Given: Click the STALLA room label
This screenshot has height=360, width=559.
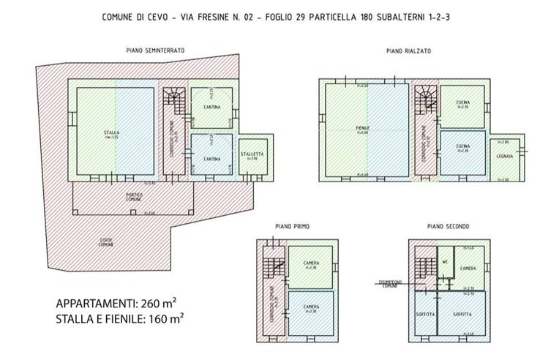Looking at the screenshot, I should coord(111,132).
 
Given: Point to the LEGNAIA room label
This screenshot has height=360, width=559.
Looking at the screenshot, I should coord(504,157).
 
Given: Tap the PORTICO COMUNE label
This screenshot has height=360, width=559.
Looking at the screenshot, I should coord(132,195).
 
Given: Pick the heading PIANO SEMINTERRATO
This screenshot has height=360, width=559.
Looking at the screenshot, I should coord(154,50).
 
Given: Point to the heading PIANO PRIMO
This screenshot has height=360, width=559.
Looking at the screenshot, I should coord(292,227).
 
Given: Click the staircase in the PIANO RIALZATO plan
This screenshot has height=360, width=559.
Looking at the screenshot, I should coord(425,97).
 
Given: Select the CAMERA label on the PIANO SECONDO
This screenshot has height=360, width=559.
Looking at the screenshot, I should coord(469,269).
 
